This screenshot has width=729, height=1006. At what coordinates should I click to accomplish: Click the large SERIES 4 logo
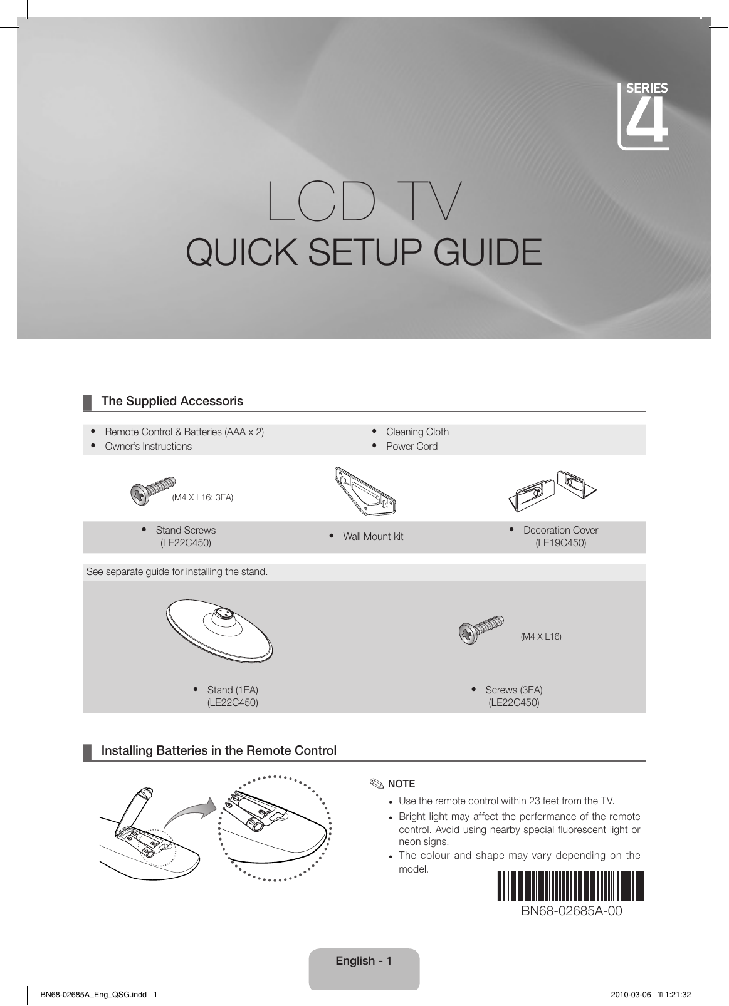[x=644, y=117]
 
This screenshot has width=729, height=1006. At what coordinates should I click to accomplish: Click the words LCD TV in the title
[x=364, y=202]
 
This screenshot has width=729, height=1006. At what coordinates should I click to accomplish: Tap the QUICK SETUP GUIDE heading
[x=364, y=252]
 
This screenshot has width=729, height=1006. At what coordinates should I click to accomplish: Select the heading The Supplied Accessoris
[x=172, y=401]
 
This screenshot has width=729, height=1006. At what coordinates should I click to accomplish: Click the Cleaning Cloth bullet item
[x=417, y=432]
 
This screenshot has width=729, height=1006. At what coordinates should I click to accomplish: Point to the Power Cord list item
[x=411, y=446]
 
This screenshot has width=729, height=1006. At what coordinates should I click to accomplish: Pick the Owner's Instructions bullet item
[x=148, y=446]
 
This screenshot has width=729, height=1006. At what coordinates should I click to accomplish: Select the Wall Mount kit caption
[x=372, y=537]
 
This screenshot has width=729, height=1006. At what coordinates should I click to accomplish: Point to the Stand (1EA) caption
[x=232, y=690]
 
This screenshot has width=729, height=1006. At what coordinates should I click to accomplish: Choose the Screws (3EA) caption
[x=513, y=690]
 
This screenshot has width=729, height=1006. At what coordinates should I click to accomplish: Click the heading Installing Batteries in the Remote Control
[x=219, y=750]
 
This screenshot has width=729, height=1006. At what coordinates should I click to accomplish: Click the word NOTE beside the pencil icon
[x=401, y=784]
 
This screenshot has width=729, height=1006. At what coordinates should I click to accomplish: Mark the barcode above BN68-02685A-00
[x=571, y=884]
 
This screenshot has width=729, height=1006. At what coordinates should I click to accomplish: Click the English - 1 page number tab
[x=364, y=961]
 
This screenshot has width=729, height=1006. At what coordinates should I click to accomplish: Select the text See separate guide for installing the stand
[x=177, y=572]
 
